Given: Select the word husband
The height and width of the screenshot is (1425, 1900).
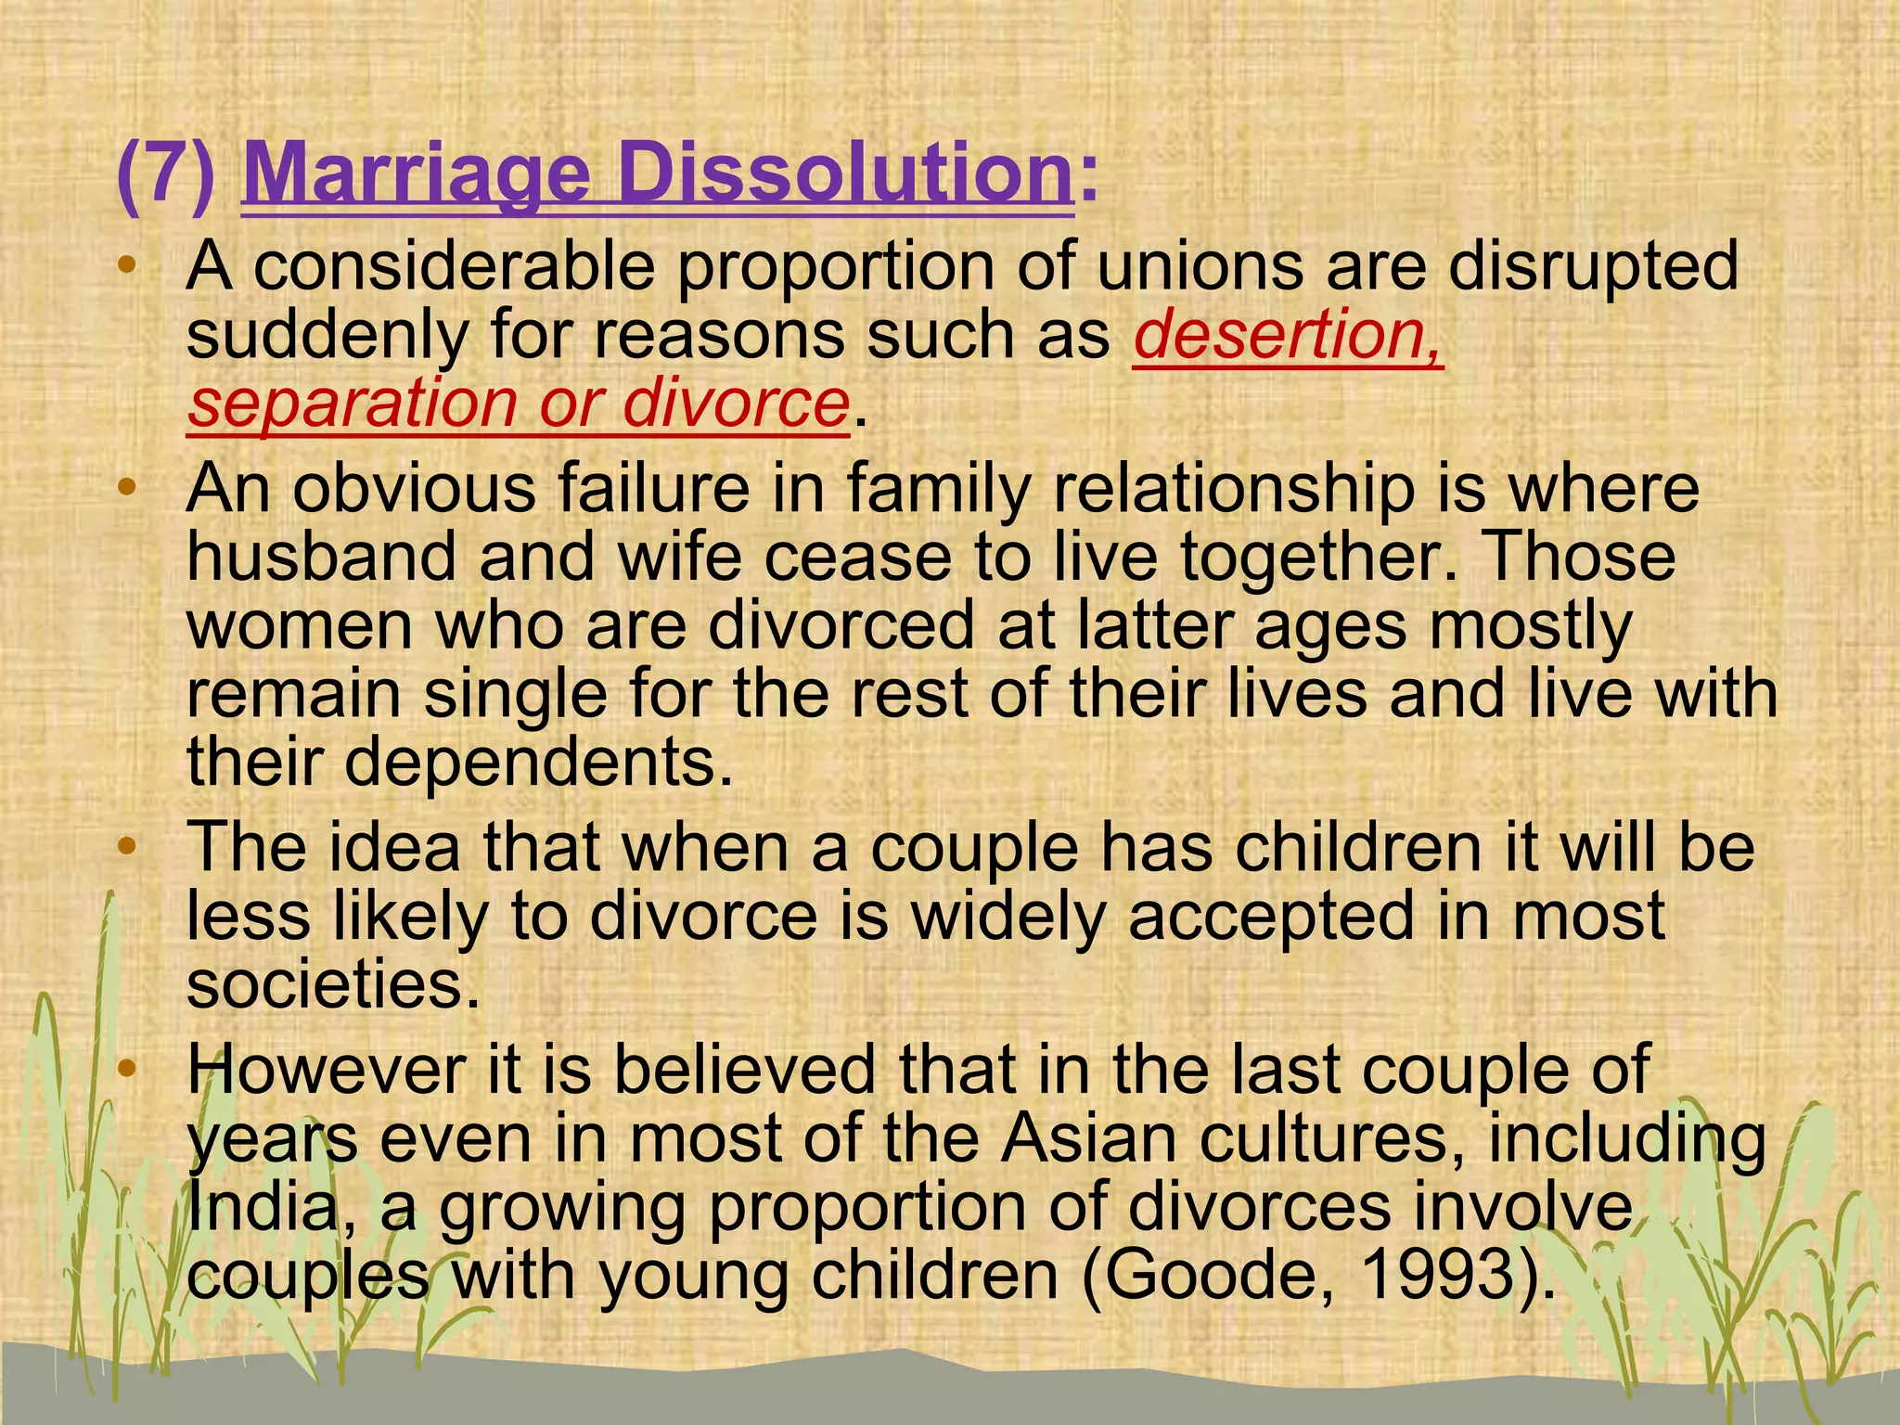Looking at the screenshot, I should pos(320,557).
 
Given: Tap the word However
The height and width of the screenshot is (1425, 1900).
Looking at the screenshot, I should pos(326,1070).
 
